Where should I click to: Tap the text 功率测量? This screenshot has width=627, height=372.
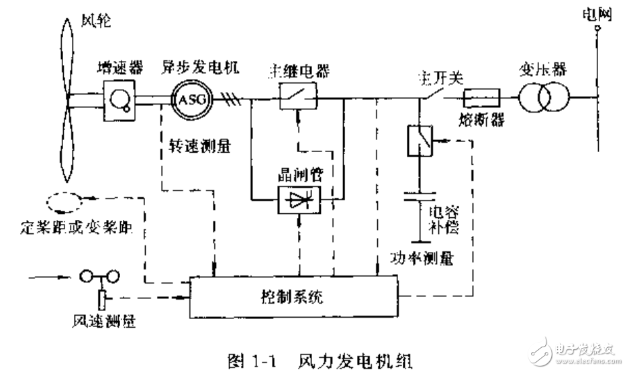[x=420, y=257]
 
